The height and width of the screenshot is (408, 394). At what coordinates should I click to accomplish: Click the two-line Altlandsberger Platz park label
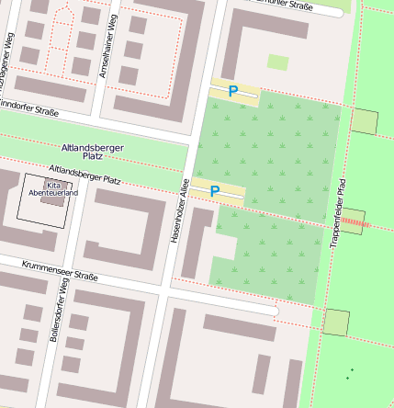click(92, 152)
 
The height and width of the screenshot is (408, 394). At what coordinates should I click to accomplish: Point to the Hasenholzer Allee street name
click(180, 212)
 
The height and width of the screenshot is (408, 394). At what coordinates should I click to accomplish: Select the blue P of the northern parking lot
click(233, 91)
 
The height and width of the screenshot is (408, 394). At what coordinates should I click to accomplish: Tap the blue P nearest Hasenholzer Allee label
click(215, 191)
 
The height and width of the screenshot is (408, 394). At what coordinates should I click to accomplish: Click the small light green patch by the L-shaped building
click(277, 62)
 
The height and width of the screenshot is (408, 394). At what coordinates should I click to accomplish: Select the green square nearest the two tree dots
click(336, 323)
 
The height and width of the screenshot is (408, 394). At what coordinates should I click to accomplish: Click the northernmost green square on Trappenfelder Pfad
click(365, 121)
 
